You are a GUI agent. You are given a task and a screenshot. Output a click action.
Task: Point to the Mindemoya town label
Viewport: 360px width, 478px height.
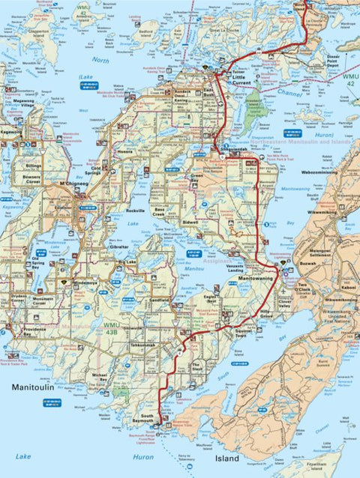(x=84, y=282)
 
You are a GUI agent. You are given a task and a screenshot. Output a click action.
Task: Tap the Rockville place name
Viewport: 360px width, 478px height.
(x=136, y=211)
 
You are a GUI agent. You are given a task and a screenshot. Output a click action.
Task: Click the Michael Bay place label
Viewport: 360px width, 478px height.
(x=99, y=378)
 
